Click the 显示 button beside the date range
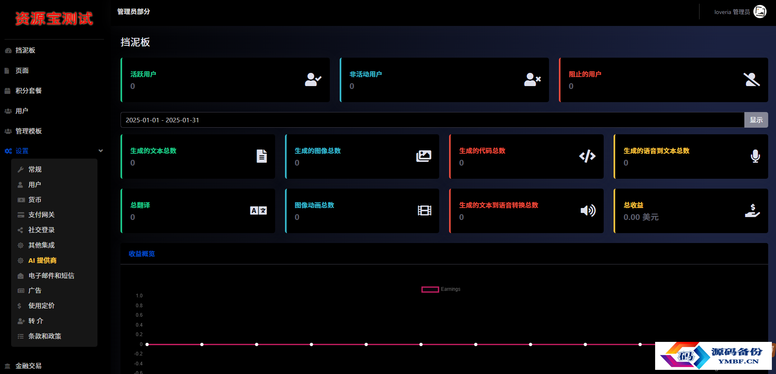point(756,120)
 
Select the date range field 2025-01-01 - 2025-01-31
point(432,120)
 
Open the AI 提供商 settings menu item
point(42,260)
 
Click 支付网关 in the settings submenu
point(42,215)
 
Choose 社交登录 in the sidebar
point(42,230)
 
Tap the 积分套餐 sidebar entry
point(28,91)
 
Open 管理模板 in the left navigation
point(28,131)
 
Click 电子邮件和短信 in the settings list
point(51,276)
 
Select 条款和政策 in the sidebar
point(45,336)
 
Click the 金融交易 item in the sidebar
point(28,366)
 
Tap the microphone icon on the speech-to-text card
point(755,156)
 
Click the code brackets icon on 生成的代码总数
point(587,156)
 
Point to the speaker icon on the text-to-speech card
point(588,210)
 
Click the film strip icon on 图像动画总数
point(424,210)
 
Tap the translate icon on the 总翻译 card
point(259,210)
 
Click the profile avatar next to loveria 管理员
point(760,12)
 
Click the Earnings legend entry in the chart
point(441,289)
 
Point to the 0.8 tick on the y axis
point(139,306)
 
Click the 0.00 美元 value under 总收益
point(641,217)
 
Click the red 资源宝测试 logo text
point(54,19)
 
